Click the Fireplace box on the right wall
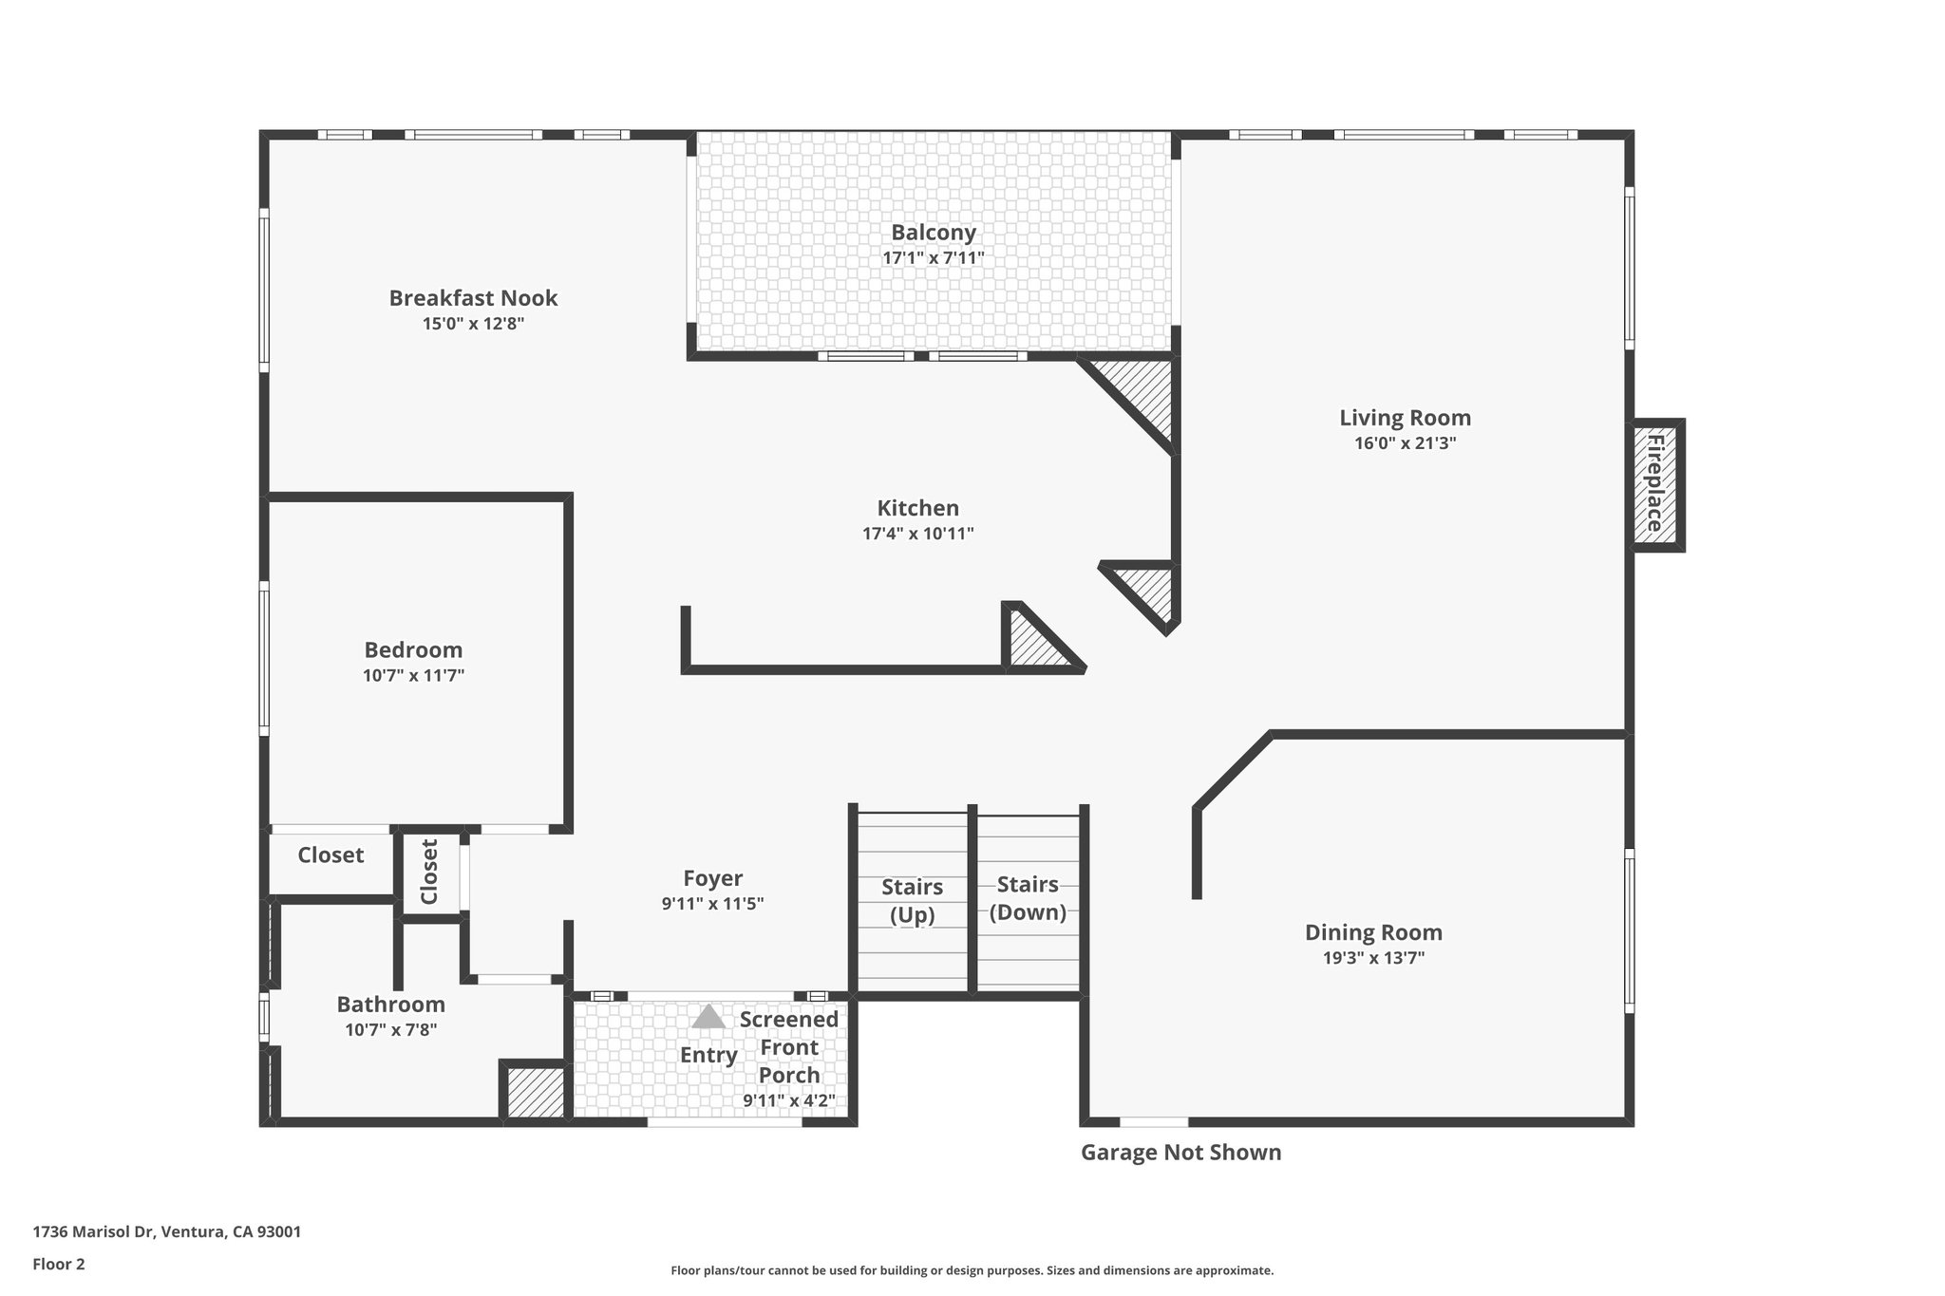tap(1655, 484)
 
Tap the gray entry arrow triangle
tap(708, 1018)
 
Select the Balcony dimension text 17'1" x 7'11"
tap(933, 257)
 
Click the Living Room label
tap(1405, 418)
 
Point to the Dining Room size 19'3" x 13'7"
tap(1373, 958)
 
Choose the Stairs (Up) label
tap(912, 900)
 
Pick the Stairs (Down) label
tap(1028, 897)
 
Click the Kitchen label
tap(917, 508)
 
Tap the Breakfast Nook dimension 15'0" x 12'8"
tap(473, 324)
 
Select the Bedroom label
tap(413, 650)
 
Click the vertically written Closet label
tap(429, 872)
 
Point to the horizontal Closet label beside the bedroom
tap(330, 855)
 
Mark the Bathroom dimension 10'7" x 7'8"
tap(390, 1029)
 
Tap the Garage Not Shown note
tap(1180, 1153)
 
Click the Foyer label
tap(712, 878)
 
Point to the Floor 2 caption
tap(59, 1264)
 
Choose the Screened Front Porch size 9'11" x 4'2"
tap(788, 1101)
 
